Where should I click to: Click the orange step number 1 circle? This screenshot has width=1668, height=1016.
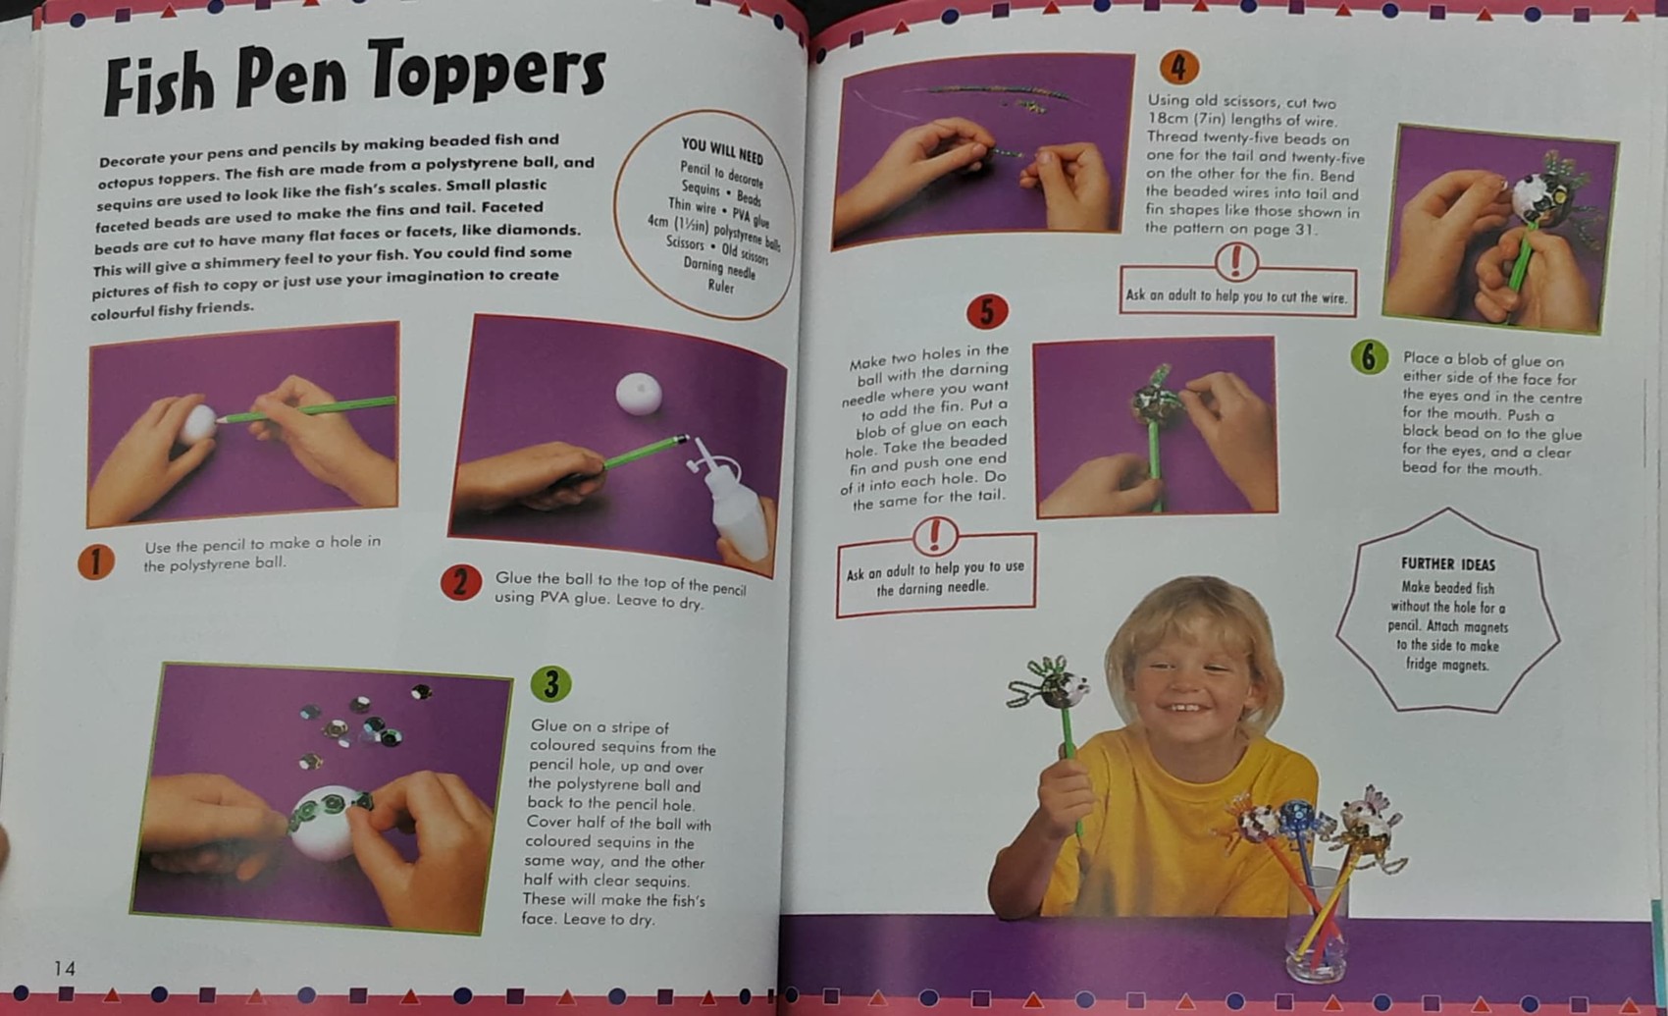click(96, 561)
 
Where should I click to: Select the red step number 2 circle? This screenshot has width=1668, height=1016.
click(460, 583)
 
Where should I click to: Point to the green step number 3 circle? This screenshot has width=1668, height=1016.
click(550, 683)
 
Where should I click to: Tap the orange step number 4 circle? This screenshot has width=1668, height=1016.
click(1178, 67)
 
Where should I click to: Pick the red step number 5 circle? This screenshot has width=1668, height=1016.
click(986, 312)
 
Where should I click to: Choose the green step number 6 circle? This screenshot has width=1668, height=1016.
click(1369, 357)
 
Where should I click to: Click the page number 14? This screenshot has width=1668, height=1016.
click(65, 969)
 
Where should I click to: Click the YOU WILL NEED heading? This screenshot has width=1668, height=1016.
click(722, 150)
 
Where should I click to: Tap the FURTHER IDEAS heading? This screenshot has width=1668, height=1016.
click(1447, 564)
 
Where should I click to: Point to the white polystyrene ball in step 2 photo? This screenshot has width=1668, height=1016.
click(639, 394)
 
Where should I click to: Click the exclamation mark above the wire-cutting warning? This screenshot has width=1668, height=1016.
click(1235, 261)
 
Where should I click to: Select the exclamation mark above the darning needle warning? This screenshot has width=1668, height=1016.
click(934, 535)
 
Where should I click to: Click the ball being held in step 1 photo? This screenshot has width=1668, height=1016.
click(198, 424)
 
